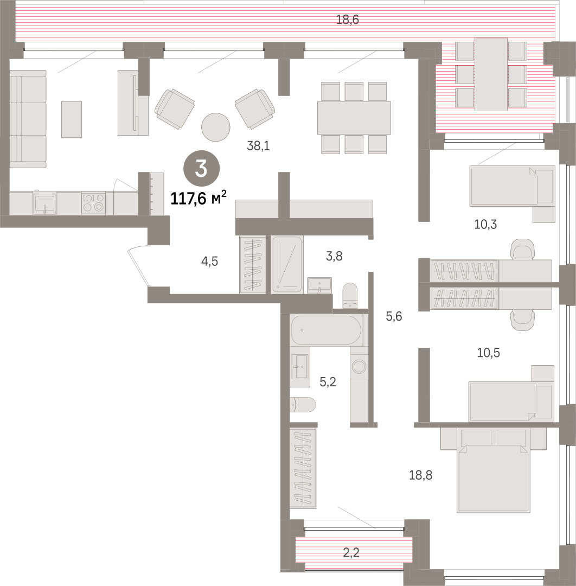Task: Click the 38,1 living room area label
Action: point(258,146)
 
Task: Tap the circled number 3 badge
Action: point(201,169)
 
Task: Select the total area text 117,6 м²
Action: point(199,198)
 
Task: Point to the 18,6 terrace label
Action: point(348,20)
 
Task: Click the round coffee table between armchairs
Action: point(215,127)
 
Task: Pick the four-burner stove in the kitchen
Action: point(93,202)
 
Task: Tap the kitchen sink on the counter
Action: point(44,203)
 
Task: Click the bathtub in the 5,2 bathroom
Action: point(326,330)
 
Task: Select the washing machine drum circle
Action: point(360,367)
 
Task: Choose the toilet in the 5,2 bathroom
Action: point(303,404)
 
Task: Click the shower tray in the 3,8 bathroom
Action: point(287,264)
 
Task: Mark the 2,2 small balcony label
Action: point(351,552)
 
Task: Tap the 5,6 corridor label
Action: point(394,316)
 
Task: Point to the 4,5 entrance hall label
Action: point(209,261)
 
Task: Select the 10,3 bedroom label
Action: point(485,224)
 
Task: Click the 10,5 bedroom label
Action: point(488,353)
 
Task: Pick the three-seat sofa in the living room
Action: point(28,119)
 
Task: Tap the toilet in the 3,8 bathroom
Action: point(350,295)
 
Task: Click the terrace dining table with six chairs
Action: point(491,74)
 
